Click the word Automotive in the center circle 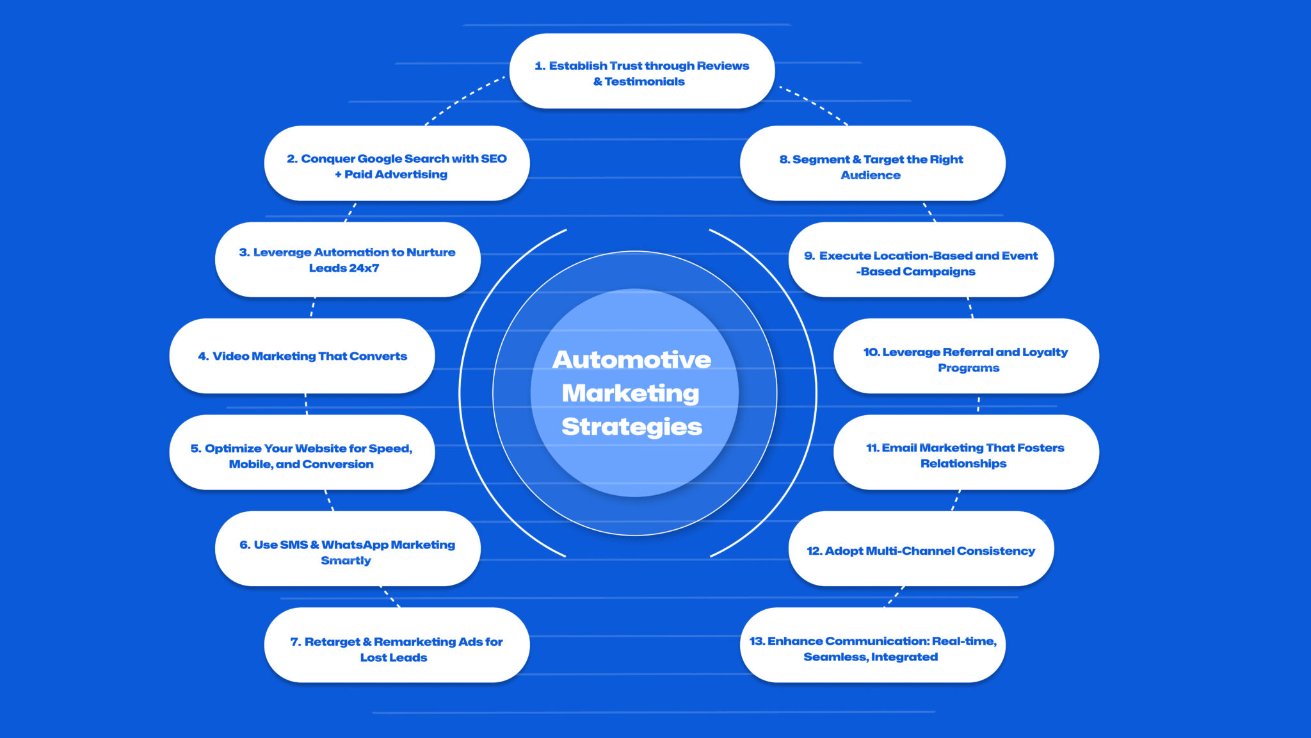coord(631,359)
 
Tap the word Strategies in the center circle coord(631,427)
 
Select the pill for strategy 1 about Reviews coord(641,71)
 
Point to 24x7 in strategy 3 coord(362,268)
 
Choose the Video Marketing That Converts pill coord(302,356)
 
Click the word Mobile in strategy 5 coord(250,464)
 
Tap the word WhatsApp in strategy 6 coord(355,545)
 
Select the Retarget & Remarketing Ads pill coord(396,645)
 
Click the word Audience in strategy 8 coord(870,175)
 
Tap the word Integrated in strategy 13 coord(904,657)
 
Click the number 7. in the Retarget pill coord(295,642)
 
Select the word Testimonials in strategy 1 coord(644,81)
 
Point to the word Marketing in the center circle coord(630,393)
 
